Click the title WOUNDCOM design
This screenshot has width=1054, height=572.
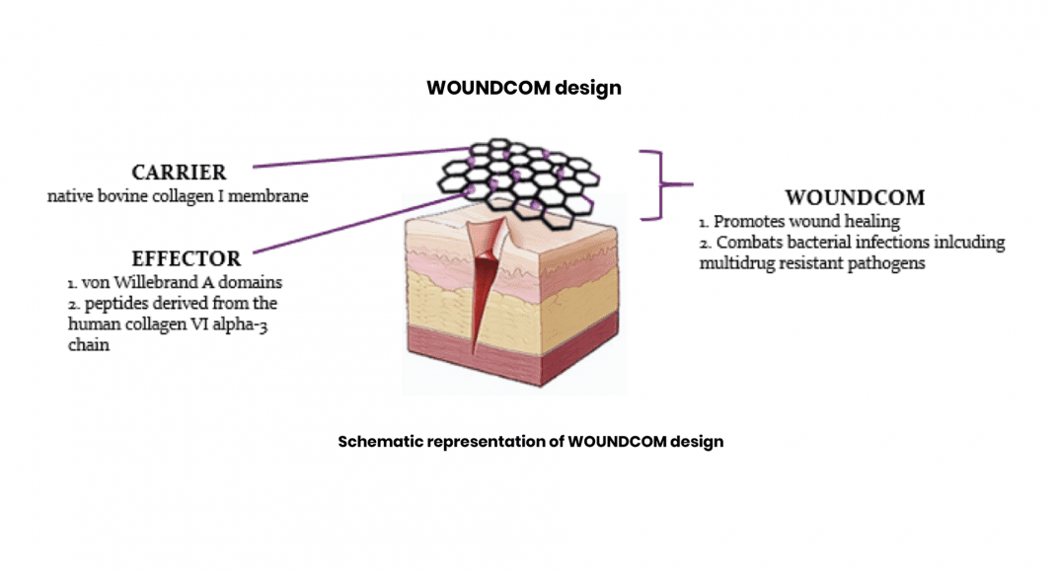[x=524, y=88]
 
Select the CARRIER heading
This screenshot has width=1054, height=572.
[x=179, y=173]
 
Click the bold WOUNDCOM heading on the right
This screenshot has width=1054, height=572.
[x=855, y=198]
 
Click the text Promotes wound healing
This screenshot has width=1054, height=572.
[x=806, y=222]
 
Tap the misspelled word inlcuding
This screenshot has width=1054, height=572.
[x=967, y=243]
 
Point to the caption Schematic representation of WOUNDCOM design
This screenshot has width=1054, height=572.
[x=531, y=442]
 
